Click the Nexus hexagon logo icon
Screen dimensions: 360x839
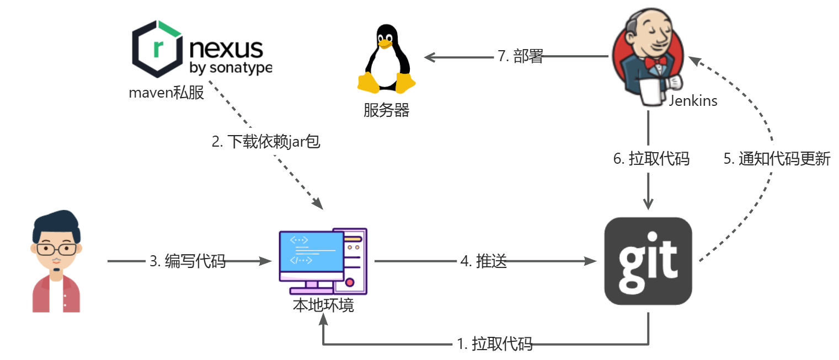point(157,50)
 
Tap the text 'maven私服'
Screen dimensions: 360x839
point(166,93)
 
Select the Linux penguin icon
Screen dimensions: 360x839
point(387,60)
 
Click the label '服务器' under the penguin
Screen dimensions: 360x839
point(386,110)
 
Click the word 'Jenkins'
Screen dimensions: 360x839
point(693,101)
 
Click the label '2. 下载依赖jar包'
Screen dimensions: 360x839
point(266,142)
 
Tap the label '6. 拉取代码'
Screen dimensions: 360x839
point(651,159)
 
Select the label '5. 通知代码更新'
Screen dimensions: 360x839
point(777,159)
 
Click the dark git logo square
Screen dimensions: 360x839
point(648,261)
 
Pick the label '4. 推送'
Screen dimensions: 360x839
point(483,261)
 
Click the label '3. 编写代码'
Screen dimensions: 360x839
point(188,261)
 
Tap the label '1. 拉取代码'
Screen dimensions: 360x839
point(495,345)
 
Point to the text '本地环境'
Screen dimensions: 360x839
point(323,305)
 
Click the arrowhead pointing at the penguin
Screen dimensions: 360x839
point(429,56)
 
